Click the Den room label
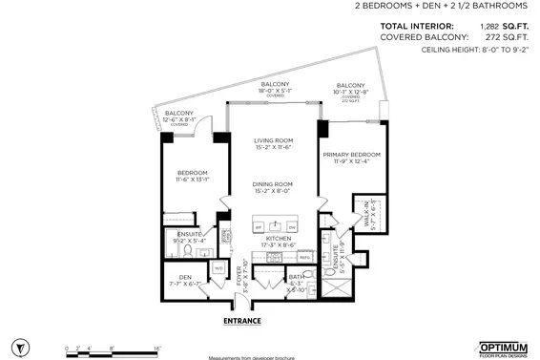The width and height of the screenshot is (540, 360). click(x=185, y=280)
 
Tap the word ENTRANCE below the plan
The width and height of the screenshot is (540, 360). click(x=242, y=321)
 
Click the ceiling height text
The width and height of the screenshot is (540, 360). click(x=467, y=52)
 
